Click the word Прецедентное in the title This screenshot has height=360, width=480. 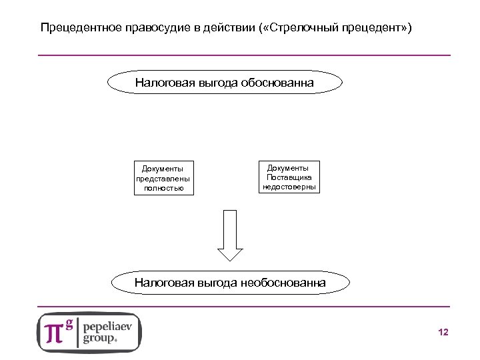click(78, 29)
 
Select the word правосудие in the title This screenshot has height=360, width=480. click(153, 29)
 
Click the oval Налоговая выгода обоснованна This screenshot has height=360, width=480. click(225, 83)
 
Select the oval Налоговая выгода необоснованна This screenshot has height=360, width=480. click(230, 283)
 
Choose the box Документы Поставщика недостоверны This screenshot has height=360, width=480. click(289, 177)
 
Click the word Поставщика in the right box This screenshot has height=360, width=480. click(289, 177)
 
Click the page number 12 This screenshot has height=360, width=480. click(444, 332)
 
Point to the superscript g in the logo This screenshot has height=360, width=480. click(69, 323)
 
